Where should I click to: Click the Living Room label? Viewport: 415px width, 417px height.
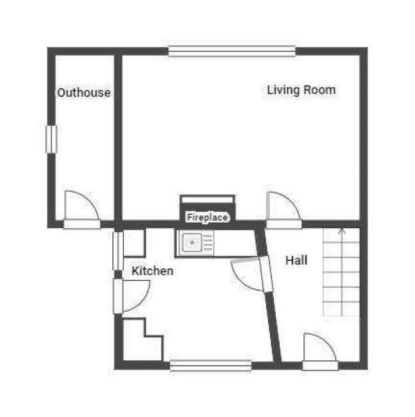pos(301,90)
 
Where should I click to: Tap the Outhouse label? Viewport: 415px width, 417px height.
pos(84,92)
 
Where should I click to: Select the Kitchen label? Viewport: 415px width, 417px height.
pos(153,271)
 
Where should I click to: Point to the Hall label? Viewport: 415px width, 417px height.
pos(296,260)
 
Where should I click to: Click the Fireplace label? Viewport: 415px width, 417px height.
pos(207,217)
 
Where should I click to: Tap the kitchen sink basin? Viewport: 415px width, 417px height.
pos(192,242)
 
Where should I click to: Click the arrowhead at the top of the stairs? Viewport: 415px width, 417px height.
pos(342,230)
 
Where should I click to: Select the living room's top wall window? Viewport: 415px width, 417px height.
pos(232,51)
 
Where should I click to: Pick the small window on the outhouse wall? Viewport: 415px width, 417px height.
pos(52,140)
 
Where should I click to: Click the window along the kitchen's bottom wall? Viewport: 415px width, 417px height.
pos(211,365)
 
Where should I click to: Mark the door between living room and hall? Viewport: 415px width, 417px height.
pos(284,210)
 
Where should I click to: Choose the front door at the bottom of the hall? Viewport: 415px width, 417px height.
pos(321,351)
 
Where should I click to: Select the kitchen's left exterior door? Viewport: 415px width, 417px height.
pos(132,296)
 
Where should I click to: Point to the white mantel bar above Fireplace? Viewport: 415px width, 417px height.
pos(207,200)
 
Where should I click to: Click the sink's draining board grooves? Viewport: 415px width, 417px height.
pos(208,242)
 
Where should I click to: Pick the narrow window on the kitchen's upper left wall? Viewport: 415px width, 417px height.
pos(118,251)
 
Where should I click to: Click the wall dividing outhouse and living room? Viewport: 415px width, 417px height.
pos(118,138)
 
